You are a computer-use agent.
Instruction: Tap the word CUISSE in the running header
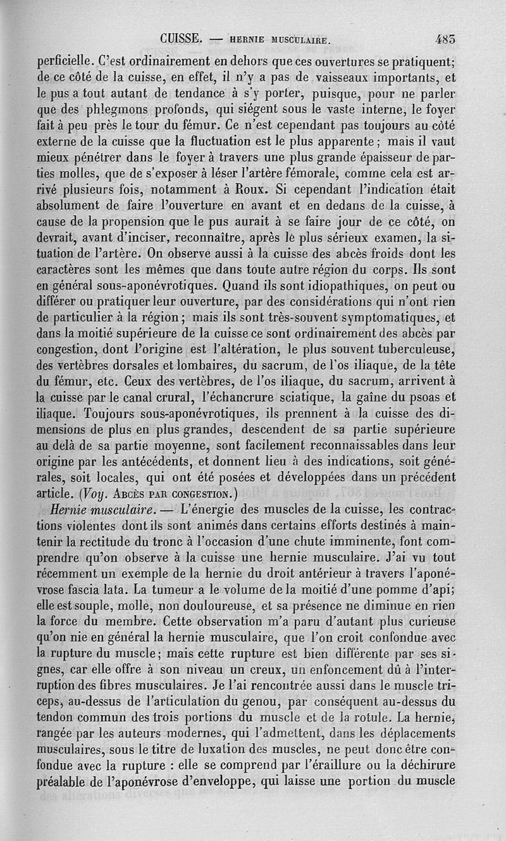[x=181, y=38]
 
